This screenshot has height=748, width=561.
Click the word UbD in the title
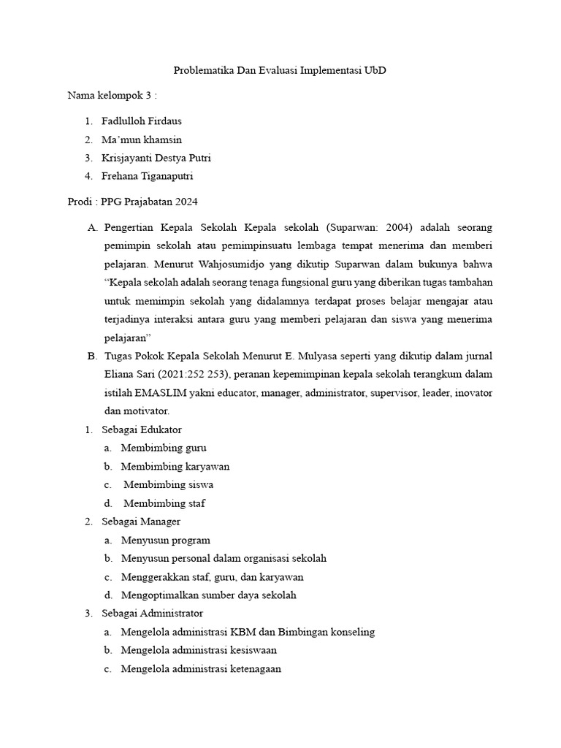(375, 71)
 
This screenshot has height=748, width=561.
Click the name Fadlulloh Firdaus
(142, 121)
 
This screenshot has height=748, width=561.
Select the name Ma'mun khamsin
(142, 140)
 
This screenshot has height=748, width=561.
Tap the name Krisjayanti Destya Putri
(156, 158)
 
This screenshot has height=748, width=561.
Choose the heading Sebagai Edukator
(142, 430)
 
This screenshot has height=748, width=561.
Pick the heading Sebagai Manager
(141, 522)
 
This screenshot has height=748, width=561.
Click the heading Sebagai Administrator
(152, 614)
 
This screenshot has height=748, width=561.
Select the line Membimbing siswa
(169, 484)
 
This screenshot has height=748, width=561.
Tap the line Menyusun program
(166, 540)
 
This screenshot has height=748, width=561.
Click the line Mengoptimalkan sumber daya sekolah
(209, 595)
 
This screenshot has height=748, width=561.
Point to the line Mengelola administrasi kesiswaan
(199, 650)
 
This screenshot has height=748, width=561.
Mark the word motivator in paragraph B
(147, 411)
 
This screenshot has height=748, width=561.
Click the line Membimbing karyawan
(175, 466)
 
